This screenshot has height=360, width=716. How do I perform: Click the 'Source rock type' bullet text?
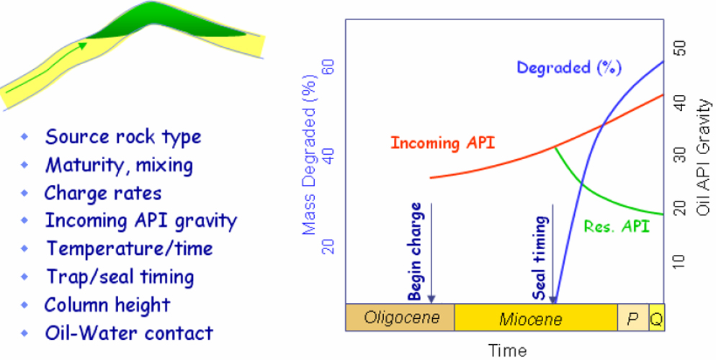point(122,137)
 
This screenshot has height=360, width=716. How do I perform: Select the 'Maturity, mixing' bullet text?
point(119,165)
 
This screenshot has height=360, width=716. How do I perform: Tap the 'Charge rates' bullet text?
point(102,193)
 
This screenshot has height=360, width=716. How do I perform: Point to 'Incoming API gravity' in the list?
point(140,220)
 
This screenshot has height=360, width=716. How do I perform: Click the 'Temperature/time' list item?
point(129,248)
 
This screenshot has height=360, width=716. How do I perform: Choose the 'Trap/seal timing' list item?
point(120,276)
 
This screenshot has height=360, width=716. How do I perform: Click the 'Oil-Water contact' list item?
point(129,333)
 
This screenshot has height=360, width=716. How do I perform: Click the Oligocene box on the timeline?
point(400,318)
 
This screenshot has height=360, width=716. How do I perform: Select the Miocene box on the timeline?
point(535,318)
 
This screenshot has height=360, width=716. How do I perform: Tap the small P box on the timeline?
point(632,318)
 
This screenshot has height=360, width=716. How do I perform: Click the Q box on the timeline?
point(656,318)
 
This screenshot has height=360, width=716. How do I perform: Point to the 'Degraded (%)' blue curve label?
point(568,68)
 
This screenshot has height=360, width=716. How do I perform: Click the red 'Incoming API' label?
point(442,143)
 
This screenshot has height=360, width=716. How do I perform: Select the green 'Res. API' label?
point(616,226)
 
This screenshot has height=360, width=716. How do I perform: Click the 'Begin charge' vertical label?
point(415,256)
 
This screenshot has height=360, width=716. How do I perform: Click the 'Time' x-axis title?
point(508,351)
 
